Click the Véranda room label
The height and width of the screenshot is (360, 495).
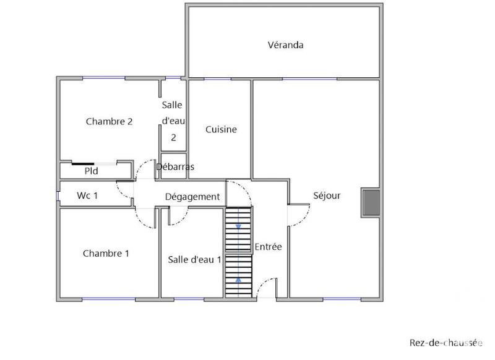pyautogui.click(x=285, y=45)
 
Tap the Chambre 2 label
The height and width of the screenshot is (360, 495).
pyautogui.click(x=109, y=121)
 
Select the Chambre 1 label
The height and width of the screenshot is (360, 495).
pyautogui.click(x=106, y=253)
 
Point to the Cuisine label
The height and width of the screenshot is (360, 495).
pyautogui.click(x=221, y=130)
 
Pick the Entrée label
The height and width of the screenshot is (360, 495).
pyautogui.click(x=268, y=247)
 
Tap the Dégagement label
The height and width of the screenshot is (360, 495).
pyautogui.click(x=192, y=197)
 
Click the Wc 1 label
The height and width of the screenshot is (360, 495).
pyautogui.click(x=88, y=195)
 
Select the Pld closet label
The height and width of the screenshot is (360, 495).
pyautogui.click(x=91, y=169)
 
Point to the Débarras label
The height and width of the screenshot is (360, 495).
pyautogui.click(x=175, y=167)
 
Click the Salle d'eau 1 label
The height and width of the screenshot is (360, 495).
pyautogui.click(x=194, y=260)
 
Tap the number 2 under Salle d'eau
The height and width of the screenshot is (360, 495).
pyautogui.click(x=173, y=138)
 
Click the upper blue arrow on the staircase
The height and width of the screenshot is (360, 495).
pyautogui.click(x=239, y=226)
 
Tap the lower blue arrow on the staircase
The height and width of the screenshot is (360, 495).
pyautogui.click(x=239, y=280)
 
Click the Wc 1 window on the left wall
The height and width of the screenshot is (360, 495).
pyautogui.click(x=58, y=196)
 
